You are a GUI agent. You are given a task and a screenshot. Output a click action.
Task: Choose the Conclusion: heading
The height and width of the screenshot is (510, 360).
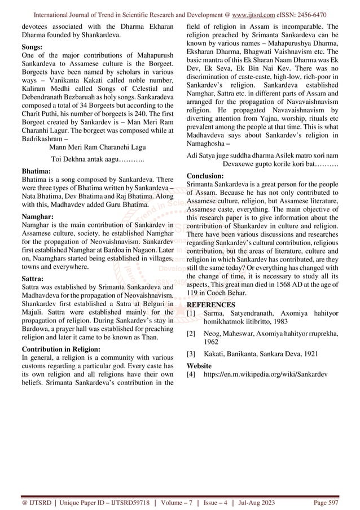point(209,176)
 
